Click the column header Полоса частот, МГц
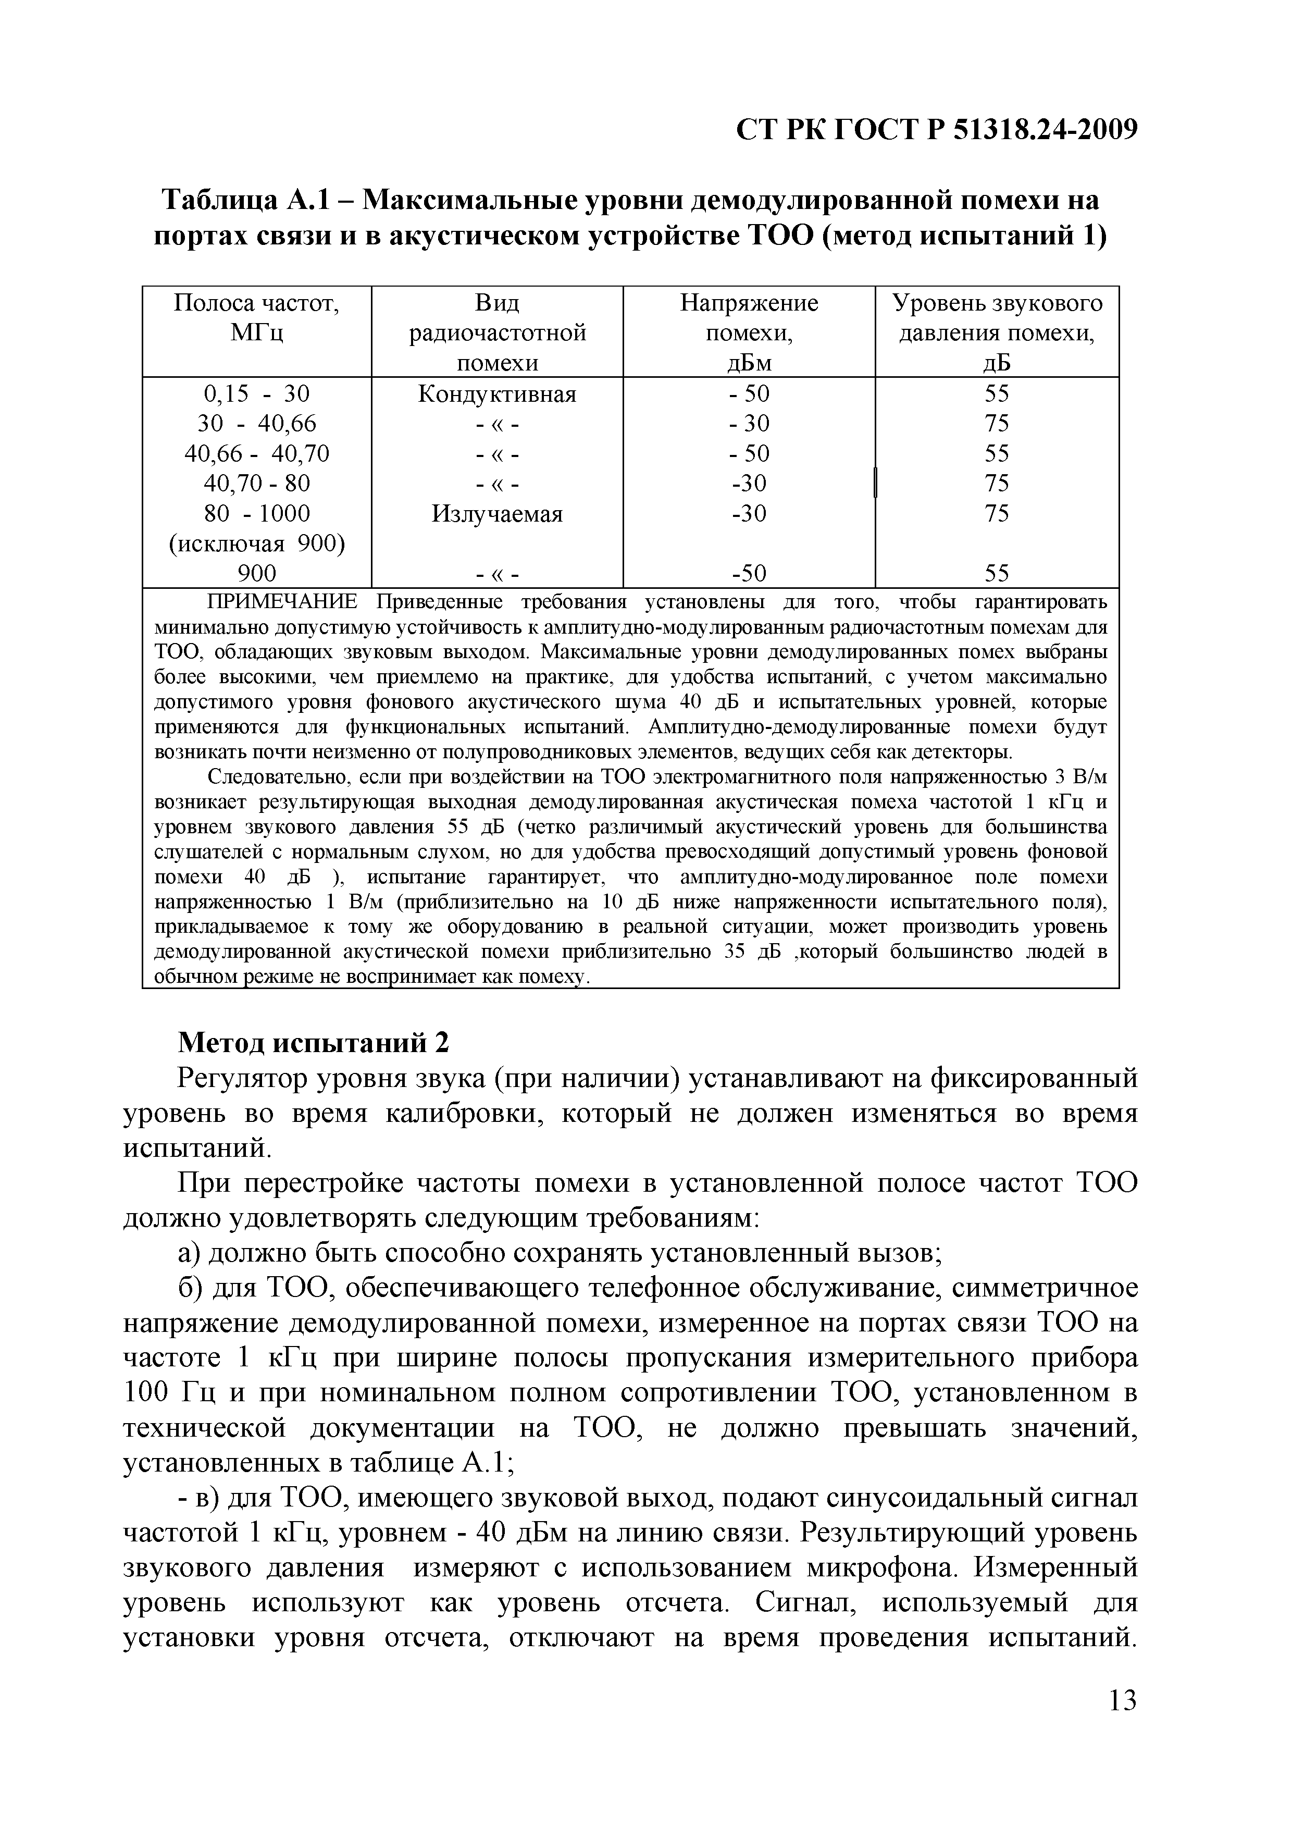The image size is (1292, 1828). coord(256,317)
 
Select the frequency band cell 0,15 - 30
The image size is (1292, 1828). coord(256,394)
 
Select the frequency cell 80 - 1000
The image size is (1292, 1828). coord(256,513)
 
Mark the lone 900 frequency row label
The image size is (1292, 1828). coord(256,573)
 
